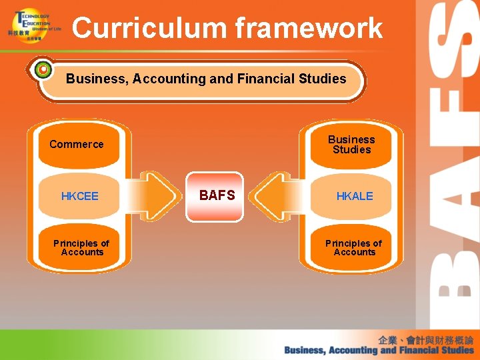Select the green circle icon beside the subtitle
pyautogui.click(x=43, y=69)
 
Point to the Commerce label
pyautogui.click(x=77, y=144)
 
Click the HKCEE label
pyautogui.click(x=79, y=196)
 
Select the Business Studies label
pyautogui.click(x=351, y=144)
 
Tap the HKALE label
pyautogui.click(x=355, y=196)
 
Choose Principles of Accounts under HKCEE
pyautogui.click(x=81, y=247)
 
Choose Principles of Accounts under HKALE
pyautogui.click(x=354, y=247)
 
